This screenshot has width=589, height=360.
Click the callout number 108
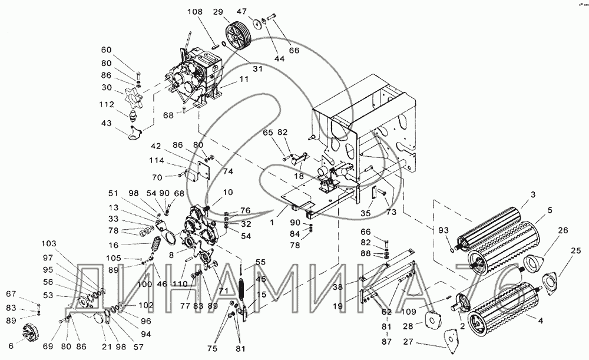(x=195, y=12)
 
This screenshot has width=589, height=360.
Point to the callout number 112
(x=107, y=104)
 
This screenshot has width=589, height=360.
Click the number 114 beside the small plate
(x=156, y=160)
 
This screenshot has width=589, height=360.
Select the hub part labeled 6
(x=29, y=332)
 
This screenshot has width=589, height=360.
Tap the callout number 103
(x=49, y=243)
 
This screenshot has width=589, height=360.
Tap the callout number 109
(x=408, y=311)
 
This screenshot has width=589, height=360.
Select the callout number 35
(x=366, y=213)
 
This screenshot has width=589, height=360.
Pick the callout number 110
(x=180, y=284)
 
